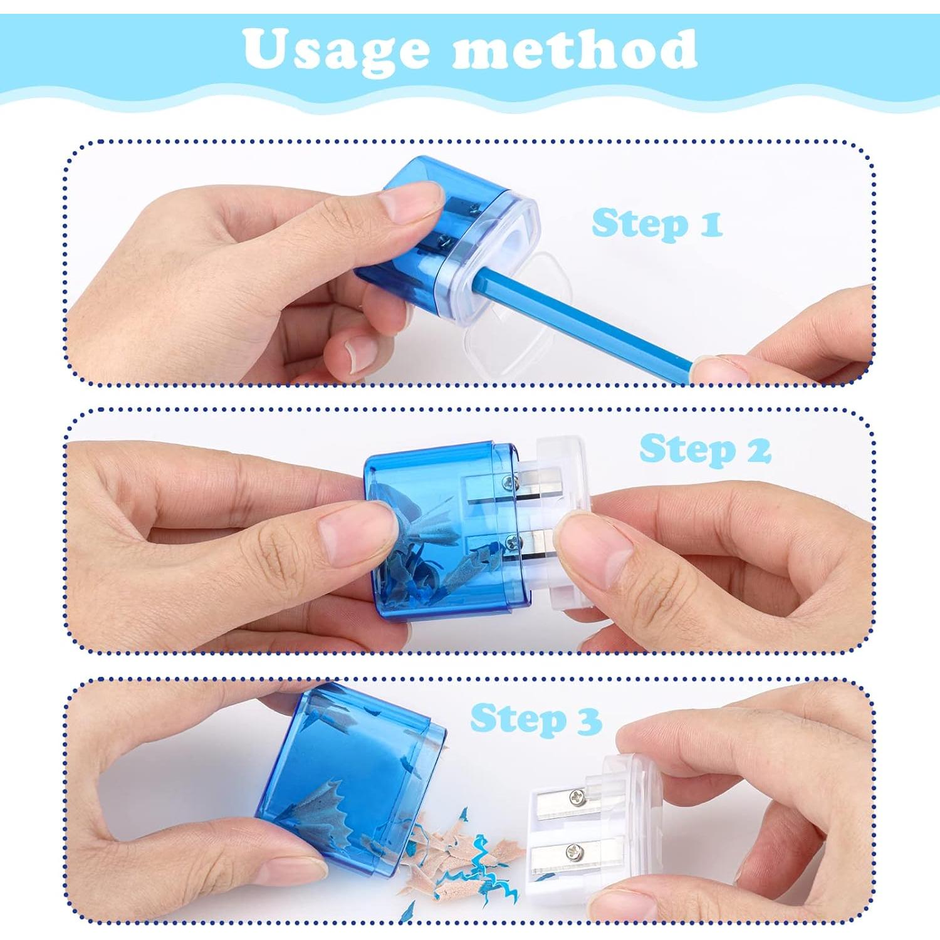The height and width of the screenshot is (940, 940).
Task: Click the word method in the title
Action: tap(573, 50)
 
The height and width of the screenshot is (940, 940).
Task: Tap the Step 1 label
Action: tap(656, 224)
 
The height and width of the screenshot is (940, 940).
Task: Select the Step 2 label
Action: tap(704, 449)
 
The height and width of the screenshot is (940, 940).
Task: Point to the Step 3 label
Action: tap(536, 719)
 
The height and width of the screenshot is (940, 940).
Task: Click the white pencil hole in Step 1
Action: tap(519, 238)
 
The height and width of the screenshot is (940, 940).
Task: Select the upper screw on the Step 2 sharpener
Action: tap(508, 482)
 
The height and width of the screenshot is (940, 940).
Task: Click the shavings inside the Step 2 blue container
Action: tap(426, 551)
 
